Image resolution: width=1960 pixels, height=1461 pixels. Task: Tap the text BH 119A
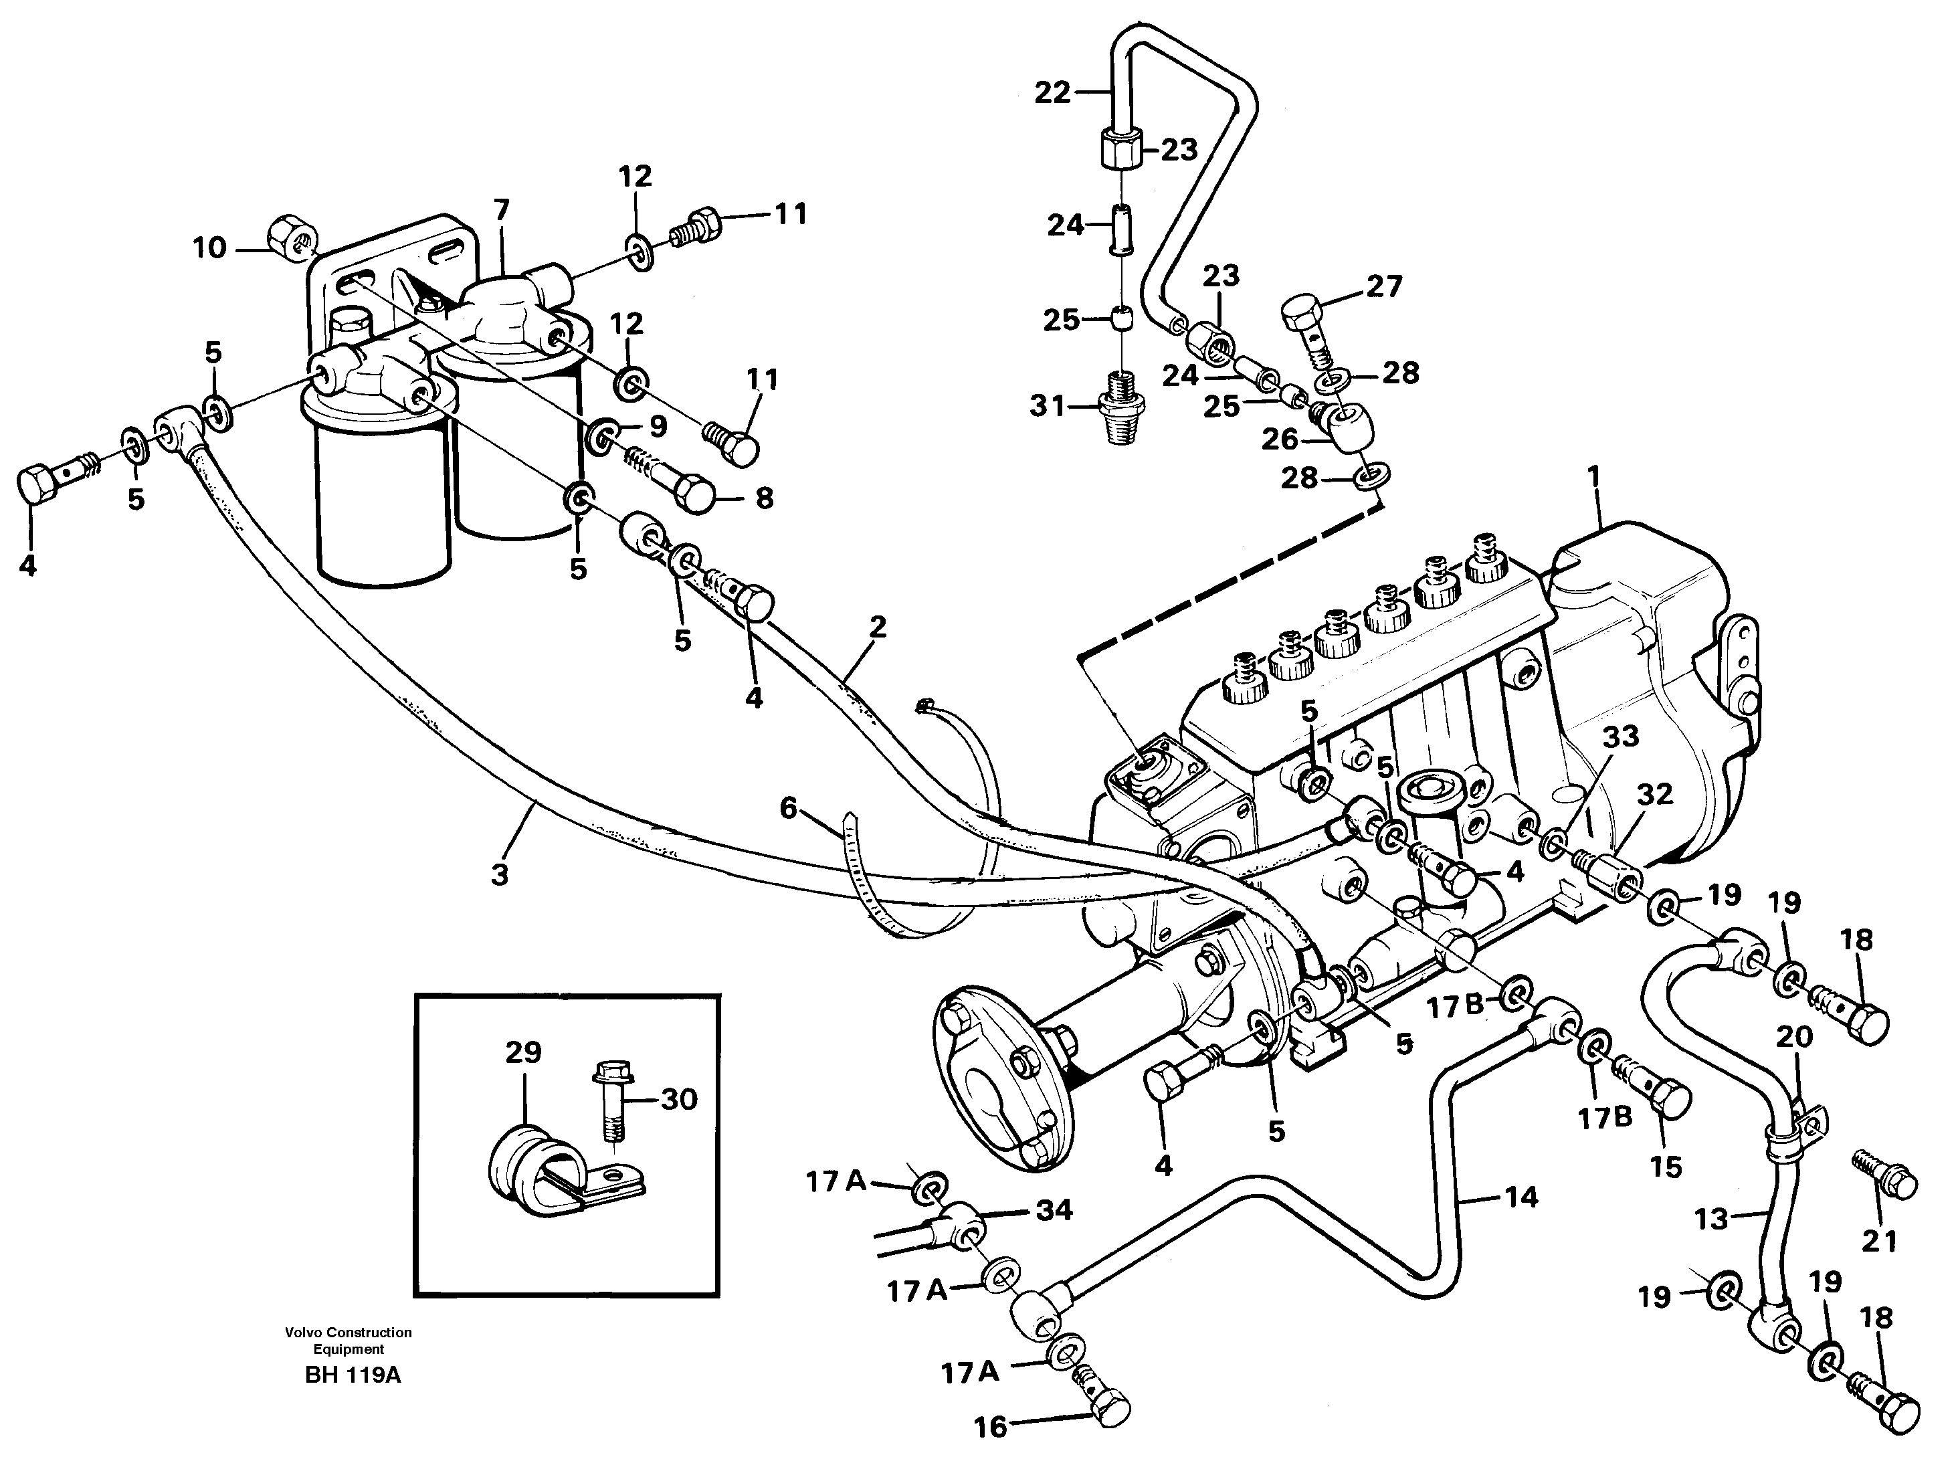[352, 1375]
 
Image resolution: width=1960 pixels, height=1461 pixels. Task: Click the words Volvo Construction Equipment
[349, 1341]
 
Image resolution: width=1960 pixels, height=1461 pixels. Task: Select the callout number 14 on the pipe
[1521, 1197]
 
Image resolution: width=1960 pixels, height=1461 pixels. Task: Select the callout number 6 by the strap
[788, 807]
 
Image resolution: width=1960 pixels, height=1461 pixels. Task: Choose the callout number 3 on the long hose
[500, 874]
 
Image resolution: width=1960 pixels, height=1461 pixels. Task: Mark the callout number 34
[1054, 1210]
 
